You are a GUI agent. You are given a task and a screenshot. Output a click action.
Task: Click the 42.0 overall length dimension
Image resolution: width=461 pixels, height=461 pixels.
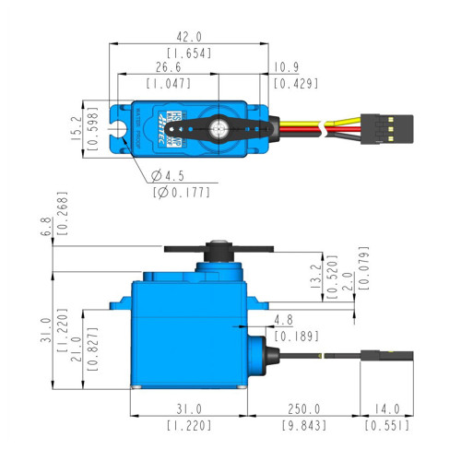pos(189,37)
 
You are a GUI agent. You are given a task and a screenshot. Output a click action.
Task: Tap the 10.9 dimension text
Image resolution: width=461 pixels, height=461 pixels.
pos(286,67)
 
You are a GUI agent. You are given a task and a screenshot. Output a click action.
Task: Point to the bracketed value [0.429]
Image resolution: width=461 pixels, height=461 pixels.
pos(295,84)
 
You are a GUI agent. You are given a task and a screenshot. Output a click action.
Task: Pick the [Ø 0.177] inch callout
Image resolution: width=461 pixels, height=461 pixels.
pos(181,192)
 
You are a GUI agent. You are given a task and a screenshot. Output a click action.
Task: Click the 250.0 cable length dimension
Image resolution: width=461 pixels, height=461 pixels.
pos(304,408)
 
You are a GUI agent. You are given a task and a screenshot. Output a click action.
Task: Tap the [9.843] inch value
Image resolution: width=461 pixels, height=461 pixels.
pos(304,426)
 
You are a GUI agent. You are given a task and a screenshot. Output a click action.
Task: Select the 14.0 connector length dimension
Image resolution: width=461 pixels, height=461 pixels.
pos(386,408)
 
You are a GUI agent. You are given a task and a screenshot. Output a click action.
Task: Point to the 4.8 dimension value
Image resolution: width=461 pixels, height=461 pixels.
pos(283,321)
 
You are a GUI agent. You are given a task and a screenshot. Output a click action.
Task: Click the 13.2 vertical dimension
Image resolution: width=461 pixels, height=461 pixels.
pos(313,275)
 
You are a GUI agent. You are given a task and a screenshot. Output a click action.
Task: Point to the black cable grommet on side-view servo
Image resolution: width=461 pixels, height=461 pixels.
pos(272,353)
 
